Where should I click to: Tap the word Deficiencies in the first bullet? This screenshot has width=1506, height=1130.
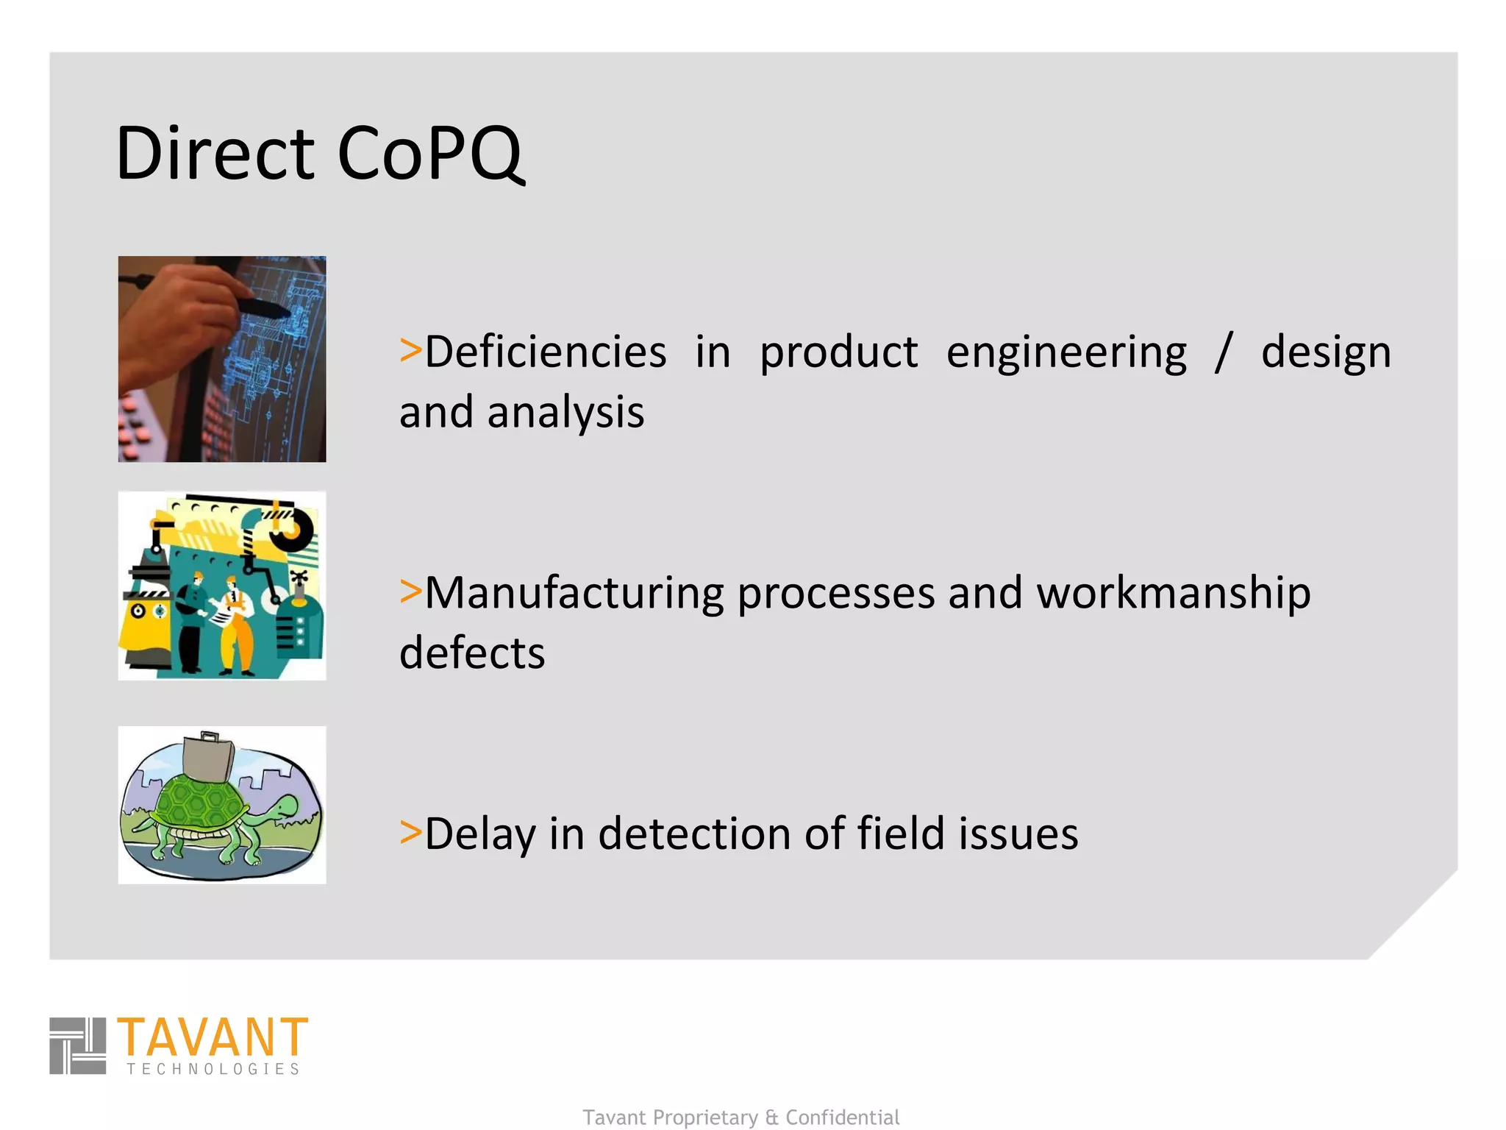click(546, 352)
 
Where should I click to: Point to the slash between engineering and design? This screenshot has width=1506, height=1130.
click(1223, 352)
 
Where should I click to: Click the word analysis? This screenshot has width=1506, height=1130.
click(565, 412)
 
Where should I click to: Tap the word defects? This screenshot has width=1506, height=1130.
click(472, 653)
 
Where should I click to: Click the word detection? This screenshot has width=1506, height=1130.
click(694, 834)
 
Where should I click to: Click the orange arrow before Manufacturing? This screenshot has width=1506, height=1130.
click(410, 591)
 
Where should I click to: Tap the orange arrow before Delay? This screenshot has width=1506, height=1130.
click(410, 832)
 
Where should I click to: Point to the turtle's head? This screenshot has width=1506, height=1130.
click(282, 810)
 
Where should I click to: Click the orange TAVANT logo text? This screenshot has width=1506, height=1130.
click(212, 1037)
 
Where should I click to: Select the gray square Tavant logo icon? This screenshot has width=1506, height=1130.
click(77, 1045)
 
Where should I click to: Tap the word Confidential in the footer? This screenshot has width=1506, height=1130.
click(842, 1117)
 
